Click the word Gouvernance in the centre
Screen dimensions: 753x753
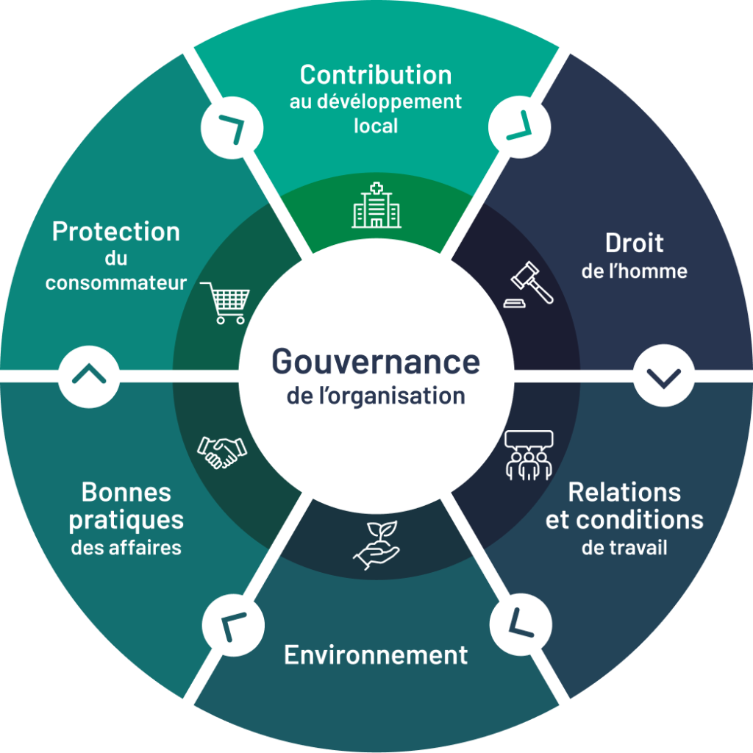pos(376,362)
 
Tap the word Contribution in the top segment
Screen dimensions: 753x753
pos(376,75)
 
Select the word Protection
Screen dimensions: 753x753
pos(115,232)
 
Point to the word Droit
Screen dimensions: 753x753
pos(635,243)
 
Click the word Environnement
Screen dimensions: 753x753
pos(376,655)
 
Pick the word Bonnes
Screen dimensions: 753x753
pos(126,492)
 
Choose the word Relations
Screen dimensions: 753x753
pos(624,492)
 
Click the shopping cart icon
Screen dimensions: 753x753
pos(225,303)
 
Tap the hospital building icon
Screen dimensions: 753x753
pos(376,205)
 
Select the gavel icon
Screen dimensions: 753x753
pos(528,285)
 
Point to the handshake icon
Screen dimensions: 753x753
pos(222,452)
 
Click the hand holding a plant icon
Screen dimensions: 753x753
pos(376,545)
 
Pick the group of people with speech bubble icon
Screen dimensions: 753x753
pos(529,455)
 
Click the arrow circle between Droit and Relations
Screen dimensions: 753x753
pos(664,376)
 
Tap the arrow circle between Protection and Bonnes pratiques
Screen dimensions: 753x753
pos(89,376)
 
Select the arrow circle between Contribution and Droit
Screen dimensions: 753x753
pos(520,126)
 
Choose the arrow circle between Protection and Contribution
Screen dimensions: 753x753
pos(232,128)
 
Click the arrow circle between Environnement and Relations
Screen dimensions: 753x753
pos(521,624)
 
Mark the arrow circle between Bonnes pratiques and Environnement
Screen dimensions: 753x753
pos(233,625)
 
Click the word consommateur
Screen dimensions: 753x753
pos(115,283)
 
